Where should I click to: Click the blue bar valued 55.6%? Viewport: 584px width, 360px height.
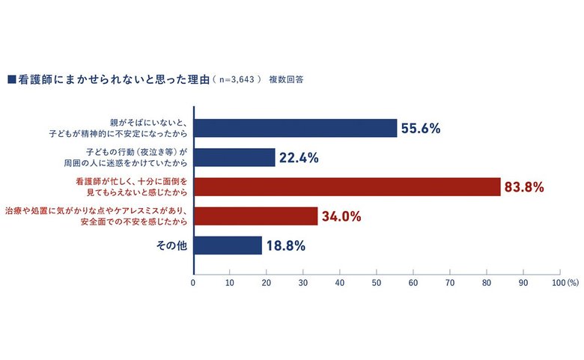click(x=295, y=128)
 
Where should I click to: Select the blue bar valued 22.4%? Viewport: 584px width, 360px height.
click(x=234, y=157)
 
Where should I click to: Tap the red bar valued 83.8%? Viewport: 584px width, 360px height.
click(x=347, y=187)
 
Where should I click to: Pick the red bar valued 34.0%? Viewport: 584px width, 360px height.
click(x=255, y=216)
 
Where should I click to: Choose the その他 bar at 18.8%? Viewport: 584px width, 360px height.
click(x=228, y=245)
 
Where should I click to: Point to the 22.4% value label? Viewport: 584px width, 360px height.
click(x=299, y=157)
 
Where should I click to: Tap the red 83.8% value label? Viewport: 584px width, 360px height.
click(x=524, y=187)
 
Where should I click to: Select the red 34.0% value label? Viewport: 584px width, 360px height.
click(x=341, y=216)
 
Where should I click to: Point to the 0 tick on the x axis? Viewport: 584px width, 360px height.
click(x=193, y=284)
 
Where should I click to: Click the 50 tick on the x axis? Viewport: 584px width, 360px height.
click(x=377, y=284)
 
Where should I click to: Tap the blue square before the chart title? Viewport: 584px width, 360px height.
click(x=11, y=78)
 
